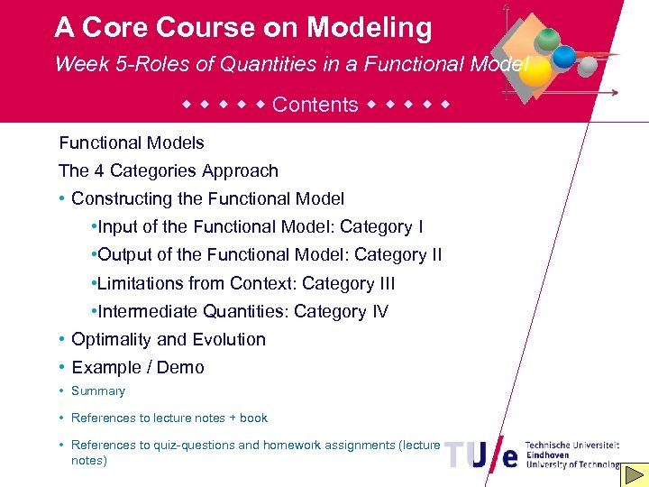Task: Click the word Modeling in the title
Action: click(369, 28)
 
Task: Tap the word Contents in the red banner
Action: click(315, 105)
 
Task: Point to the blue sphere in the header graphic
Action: click(565, 57)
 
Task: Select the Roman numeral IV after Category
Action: click(379, 311)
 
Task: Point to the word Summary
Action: click(98, 391)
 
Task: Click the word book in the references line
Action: click(253, 418)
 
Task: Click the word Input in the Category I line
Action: click(118, 226)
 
